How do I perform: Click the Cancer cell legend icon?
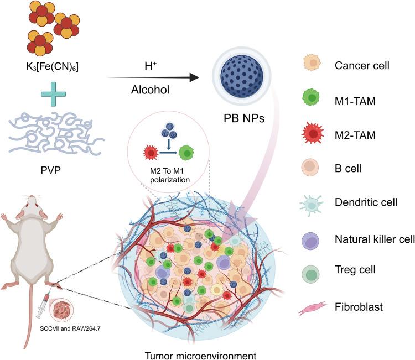313,64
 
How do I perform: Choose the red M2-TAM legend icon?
313,133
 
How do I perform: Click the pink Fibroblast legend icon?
313,305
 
